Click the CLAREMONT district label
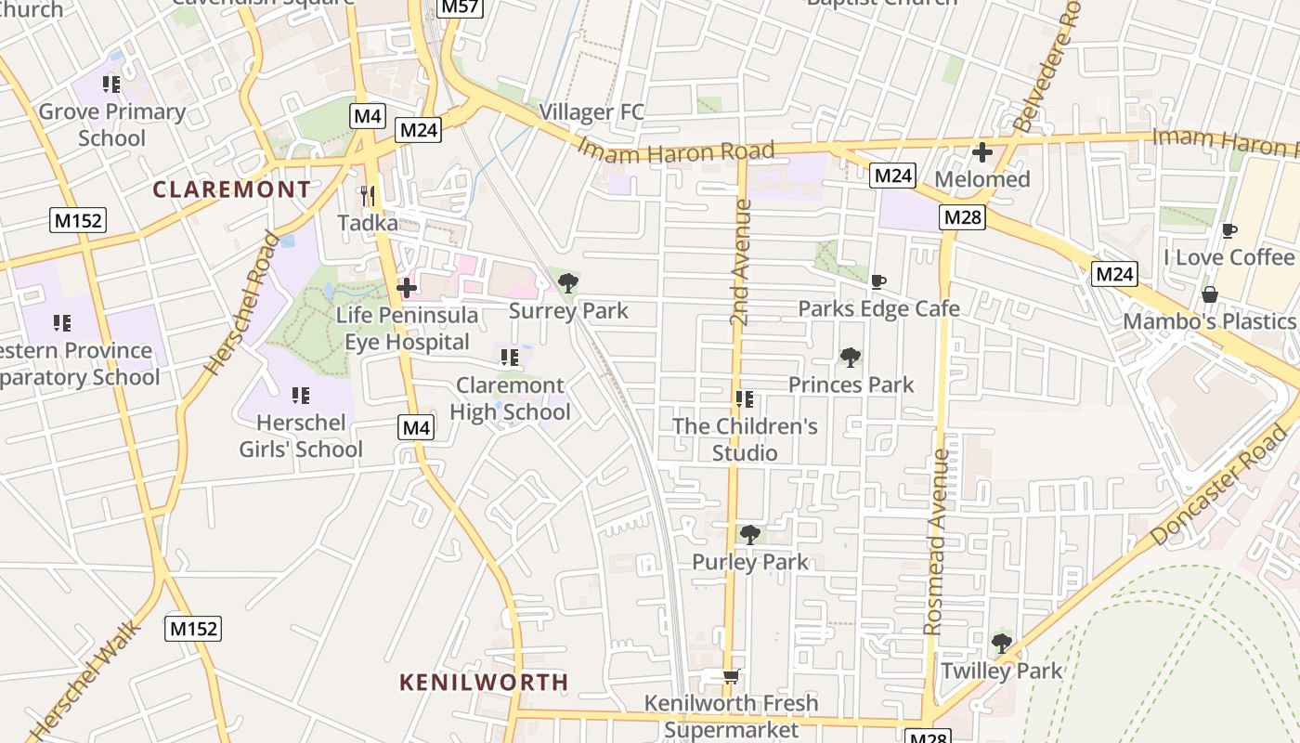pyautogui.click(x=231, y=189)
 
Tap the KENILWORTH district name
pyautogui.click(x=483, y=682)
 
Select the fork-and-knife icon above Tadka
pyautogui.click(x=368, y=195)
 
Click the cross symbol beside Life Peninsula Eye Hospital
pyautogui.click(x=406, y=288)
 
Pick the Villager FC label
pyautogui.click(x=591, y=112)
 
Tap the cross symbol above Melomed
pyautogui.click(x=982, y=151)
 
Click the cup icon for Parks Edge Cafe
pyautogui.click(x=878, y=281)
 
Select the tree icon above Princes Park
pyautogui.click(x=850, y=358)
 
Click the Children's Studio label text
pyautogui.click(x=745, y=439)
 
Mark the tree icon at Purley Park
pyautogui.click(x=749, y=535)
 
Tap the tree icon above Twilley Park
pyautogui.click(x=1001, y=643)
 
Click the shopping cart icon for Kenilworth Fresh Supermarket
pyautogui.click(x=731, y=677)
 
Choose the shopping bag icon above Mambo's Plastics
pyautogui.click(x=1209, y=294)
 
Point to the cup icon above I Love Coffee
pyautogui.click(x=1228, y=230)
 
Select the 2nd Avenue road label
pyautogui.click(x=740, y=262)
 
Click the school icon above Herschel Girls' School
pyautogui.click(x=300, y=396)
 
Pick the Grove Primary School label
pyautogui.click(x=112, y=124)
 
